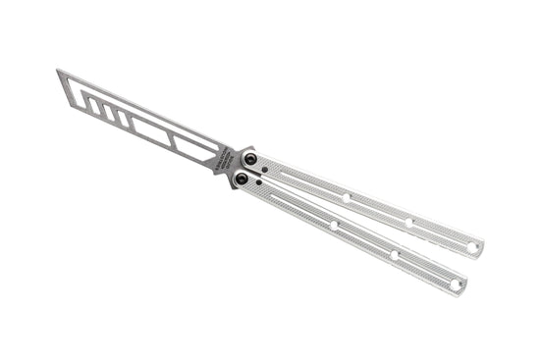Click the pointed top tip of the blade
[58, 70]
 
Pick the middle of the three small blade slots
[109, 112]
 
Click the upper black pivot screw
[250, 159]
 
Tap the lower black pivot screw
[241, 179]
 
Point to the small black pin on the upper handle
[269, 168]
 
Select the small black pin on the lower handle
[259, 183]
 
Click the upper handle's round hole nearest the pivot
[346, 196]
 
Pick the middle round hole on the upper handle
[409, 223]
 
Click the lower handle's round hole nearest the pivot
[334, 226]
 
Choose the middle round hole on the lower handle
[395, 255]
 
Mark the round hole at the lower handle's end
[456, 284]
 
